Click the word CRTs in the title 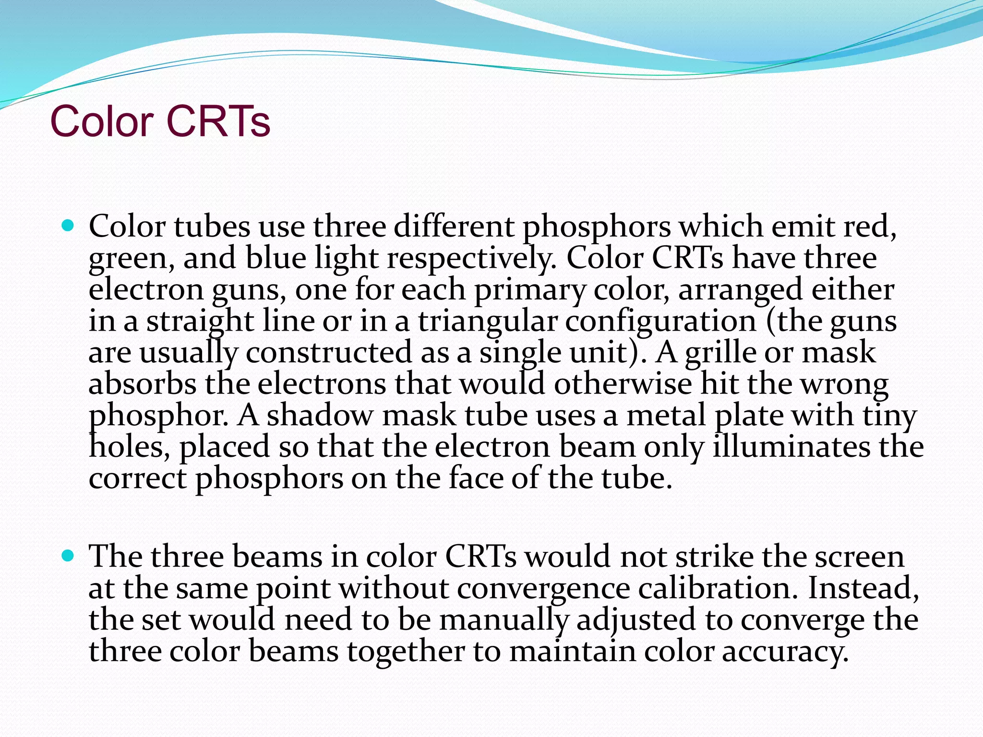(218, 121)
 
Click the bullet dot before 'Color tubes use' (68, 225)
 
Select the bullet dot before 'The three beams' (68, 556)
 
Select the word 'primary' (529, 291)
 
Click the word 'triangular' (487, 322)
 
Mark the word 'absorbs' (143, 384)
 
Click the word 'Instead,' (863, 588)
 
